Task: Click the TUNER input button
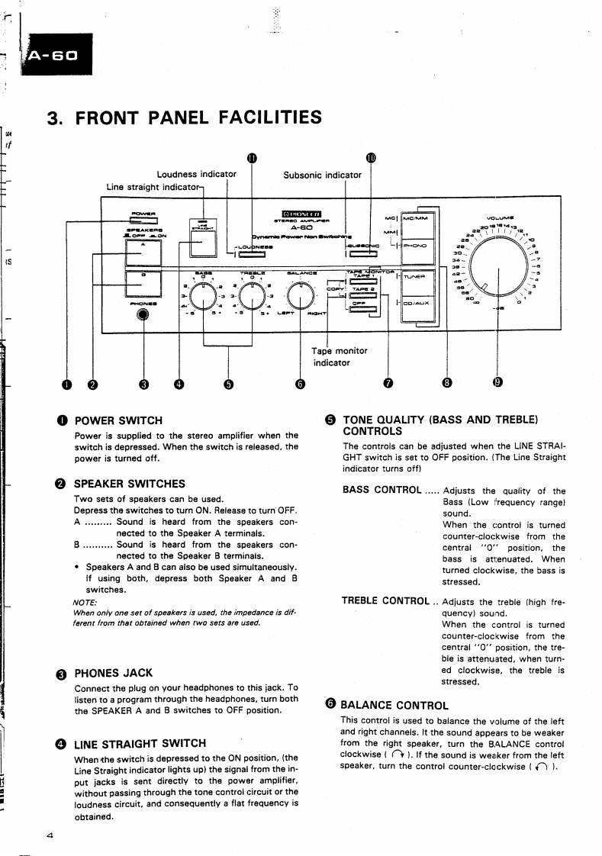tap(416, 278)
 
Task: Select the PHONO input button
tap(417, 245)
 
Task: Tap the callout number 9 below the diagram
tap(497, 383)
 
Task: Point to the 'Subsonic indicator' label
tap(322, 175)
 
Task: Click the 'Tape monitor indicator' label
tap(339, 356)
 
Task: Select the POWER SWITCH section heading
tap(118, 420)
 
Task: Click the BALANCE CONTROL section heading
tap(394, 705)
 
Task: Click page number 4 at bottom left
tap(50, 835)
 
